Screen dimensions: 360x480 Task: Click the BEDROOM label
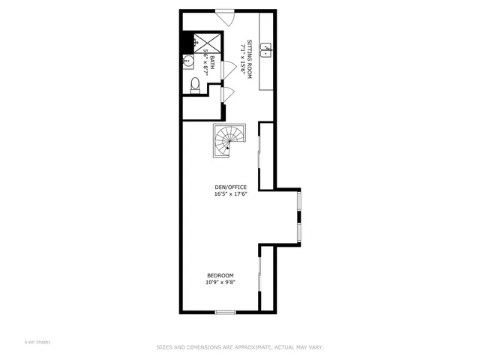(220, 275)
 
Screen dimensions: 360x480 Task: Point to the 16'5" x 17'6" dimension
(230, 194)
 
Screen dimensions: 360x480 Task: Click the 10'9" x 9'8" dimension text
(220, 283)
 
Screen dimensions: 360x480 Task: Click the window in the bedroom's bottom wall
(225, 312)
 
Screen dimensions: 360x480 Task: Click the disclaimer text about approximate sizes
(239, 347)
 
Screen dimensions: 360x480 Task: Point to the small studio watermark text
(37, 342)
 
